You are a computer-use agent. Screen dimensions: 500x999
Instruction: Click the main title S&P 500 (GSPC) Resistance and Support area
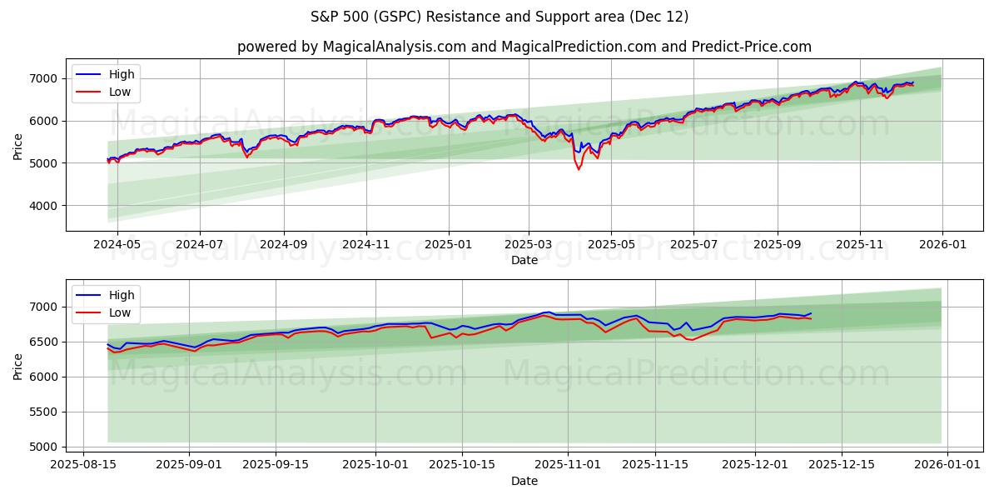tap(499, 17)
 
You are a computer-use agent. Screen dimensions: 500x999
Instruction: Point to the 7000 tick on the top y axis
tap(45, 78)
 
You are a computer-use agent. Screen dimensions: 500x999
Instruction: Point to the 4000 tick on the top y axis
tap(45, 205)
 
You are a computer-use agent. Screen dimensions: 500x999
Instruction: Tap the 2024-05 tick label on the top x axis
tap(117, 244)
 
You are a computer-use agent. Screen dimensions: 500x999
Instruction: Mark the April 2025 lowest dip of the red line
tap(579, 169)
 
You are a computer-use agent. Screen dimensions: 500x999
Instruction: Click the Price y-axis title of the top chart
tap(18, 147)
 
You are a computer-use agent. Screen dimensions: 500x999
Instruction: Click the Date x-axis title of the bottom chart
tap(524, 481)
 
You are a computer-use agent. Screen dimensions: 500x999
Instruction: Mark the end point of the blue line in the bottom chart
tap(811, 313)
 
